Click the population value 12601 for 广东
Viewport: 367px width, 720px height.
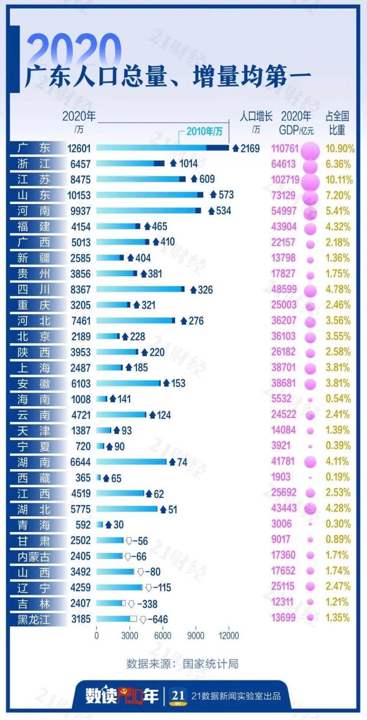(x=79, y=148)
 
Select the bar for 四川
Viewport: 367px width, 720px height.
(x=140, y=289)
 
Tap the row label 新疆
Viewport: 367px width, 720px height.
(x=34, y=258)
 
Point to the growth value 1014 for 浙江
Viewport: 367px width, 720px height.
(x=188, y=164)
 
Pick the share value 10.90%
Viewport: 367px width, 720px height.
(x=339, y=148)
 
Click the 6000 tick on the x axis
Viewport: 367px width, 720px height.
(x=162, y=636)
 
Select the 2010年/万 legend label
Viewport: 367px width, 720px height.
(x=204, y=131)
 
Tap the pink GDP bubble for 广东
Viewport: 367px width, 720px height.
(x=310, y=150)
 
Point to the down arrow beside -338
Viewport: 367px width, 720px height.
(x=131, y=604)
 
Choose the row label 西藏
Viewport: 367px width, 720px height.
(x=34, y=478)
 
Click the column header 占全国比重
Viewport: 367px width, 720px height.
(x=337, y=123)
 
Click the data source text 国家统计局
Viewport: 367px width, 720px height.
(x=210, y=664)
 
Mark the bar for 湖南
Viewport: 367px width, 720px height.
(x=131, y=462)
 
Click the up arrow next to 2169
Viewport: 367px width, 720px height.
(x=236, y=148)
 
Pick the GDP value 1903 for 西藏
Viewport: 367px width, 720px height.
(x=281, y=477)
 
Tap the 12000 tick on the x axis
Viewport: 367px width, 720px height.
(x=229, y=636)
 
